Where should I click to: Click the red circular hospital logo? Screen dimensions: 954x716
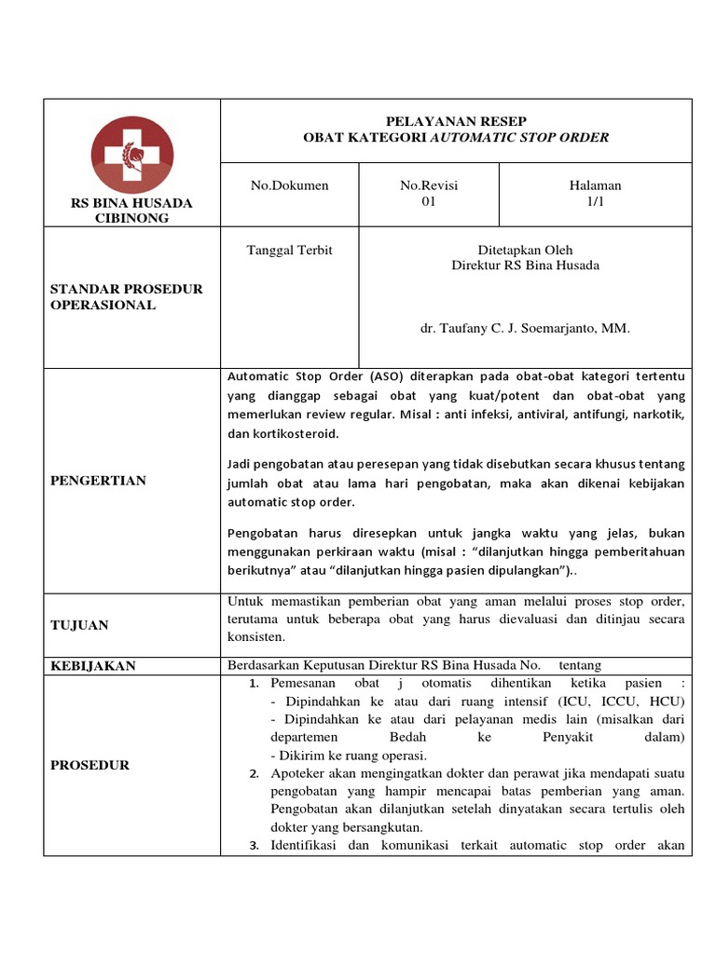131,156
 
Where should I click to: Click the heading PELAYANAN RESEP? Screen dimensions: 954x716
456,121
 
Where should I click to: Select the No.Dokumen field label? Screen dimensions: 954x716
289,185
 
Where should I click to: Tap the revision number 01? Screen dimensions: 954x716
429,202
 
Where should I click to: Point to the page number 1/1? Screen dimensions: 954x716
595,202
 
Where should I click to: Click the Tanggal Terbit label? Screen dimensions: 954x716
289,250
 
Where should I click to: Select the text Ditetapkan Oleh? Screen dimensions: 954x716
525,250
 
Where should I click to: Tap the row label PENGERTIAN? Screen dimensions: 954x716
98,481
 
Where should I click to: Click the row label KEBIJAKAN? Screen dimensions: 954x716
92,665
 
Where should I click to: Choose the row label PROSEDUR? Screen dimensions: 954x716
89,765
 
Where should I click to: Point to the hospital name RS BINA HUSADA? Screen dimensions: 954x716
131,202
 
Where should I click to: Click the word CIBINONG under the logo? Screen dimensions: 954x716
131,218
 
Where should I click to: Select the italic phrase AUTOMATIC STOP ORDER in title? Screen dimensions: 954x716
518,138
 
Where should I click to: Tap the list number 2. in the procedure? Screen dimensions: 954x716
255,774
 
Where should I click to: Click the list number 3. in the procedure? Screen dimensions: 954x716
255,845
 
